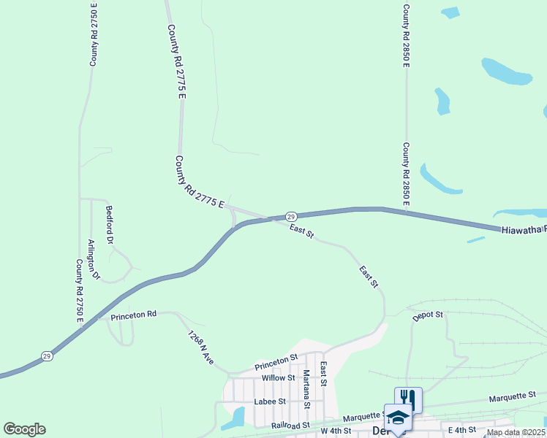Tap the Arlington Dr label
tap(93, 259)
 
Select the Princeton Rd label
tap(134, 315)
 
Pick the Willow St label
tap(278, 378)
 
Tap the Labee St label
tap(270, 401)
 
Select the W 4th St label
tap(337, 431)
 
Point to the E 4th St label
tap(461, 431)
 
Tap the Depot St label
tap(428, 315)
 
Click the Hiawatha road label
tap(523, 229)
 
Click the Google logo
tap(24, 429)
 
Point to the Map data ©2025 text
tap(516, 432)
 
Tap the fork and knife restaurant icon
tap(408, 399)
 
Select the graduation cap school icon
tap(398, 416)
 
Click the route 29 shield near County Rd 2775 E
tap(290, 217)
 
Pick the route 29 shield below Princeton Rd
tap(47, 356)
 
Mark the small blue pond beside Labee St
tap(236, 417)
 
